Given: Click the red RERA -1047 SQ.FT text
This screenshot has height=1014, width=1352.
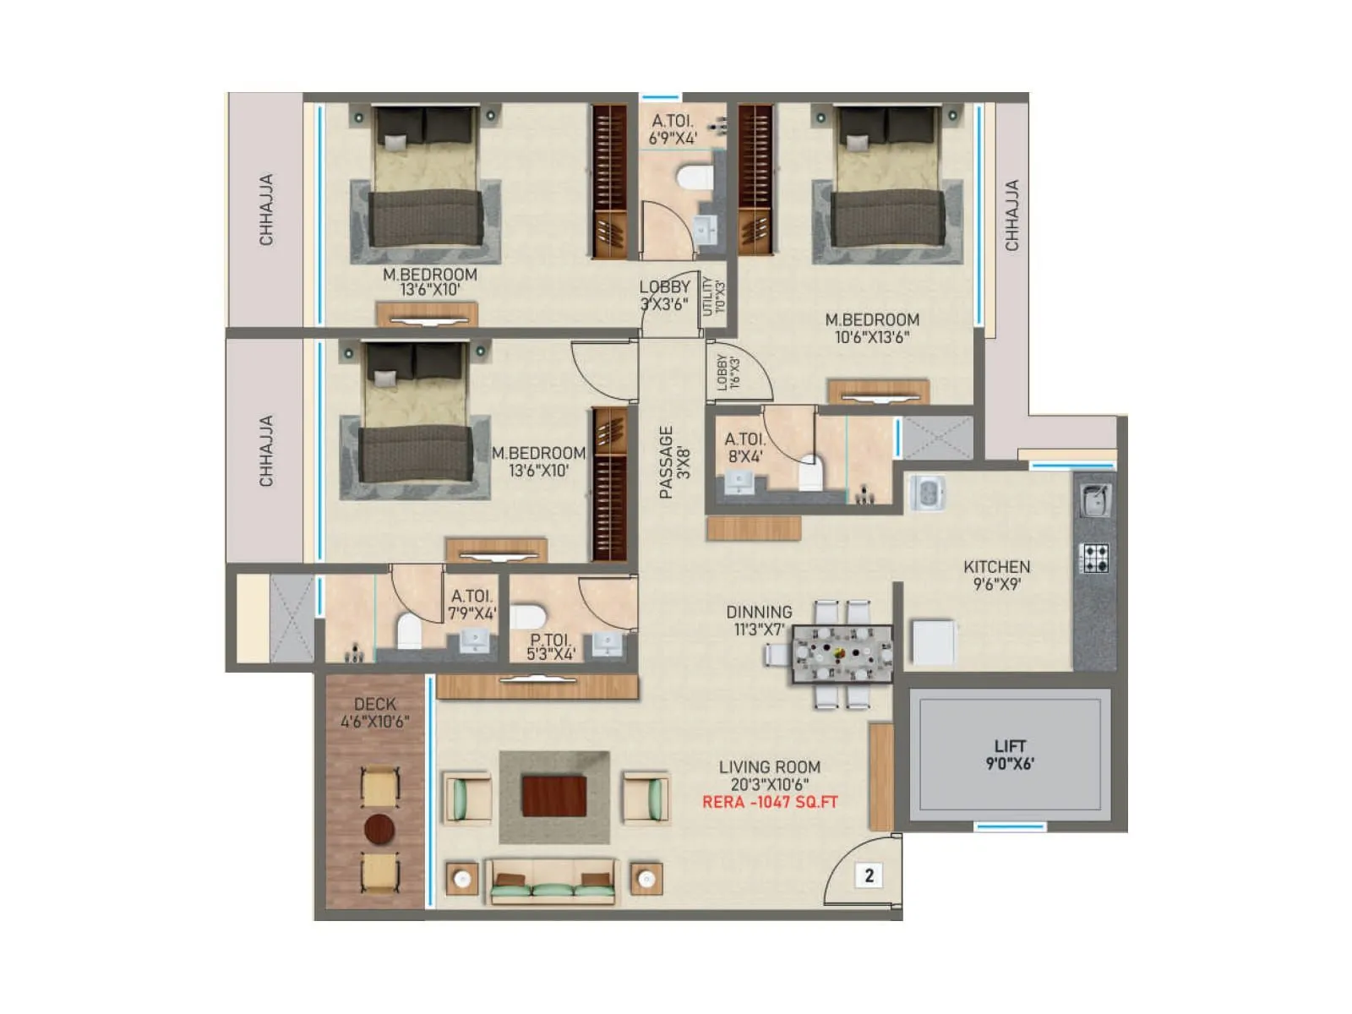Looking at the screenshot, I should point(770,802).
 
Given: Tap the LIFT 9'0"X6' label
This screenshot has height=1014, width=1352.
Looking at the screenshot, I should point(1010,755).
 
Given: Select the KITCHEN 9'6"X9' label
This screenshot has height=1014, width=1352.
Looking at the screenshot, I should point(996,575).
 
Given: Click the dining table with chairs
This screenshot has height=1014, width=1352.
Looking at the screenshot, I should point(842,653).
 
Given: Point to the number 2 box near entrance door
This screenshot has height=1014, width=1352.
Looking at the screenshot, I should point(870,875).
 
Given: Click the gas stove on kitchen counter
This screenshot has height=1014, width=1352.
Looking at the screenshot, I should point(1095,558).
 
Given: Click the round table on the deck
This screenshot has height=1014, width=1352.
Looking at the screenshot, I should point(379,829).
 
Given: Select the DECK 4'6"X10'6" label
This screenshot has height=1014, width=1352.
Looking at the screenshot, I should point(375,712).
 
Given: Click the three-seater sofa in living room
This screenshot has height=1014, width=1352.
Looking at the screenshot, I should point(553,881).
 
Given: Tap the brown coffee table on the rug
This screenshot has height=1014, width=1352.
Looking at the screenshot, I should point(553,796).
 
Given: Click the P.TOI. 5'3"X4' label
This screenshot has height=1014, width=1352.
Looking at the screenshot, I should point(551,647).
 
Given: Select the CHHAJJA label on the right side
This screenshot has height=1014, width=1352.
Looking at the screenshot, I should point(1011,215).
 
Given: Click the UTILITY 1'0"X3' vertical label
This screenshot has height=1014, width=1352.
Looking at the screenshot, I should point(714,296).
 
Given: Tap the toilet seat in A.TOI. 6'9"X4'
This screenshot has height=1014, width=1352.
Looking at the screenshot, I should point(695,178).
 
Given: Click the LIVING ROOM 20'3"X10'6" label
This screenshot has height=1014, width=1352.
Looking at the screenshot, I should point(769,775).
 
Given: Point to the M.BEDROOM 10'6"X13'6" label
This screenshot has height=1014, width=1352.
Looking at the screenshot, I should point(871,328).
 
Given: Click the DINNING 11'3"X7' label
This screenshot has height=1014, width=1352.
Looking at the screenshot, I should point(759,620).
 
